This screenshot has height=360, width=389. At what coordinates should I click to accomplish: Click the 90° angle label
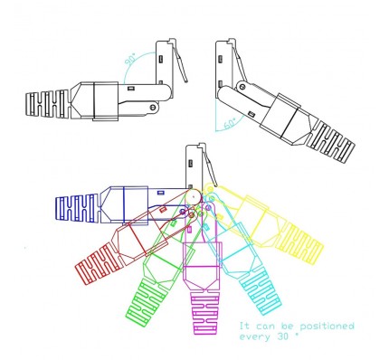coord(130,59)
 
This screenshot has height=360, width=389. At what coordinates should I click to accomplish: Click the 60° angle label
coord(231,123)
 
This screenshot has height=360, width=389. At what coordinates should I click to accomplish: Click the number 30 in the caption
coord(282,336)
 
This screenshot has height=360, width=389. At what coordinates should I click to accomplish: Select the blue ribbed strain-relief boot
coord(77,209)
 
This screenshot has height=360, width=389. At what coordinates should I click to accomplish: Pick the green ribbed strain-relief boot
coord(147,302)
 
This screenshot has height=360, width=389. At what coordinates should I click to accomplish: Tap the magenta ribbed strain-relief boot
coord(204,314)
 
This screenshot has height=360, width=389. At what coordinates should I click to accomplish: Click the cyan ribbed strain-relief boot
coord(261,292)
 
